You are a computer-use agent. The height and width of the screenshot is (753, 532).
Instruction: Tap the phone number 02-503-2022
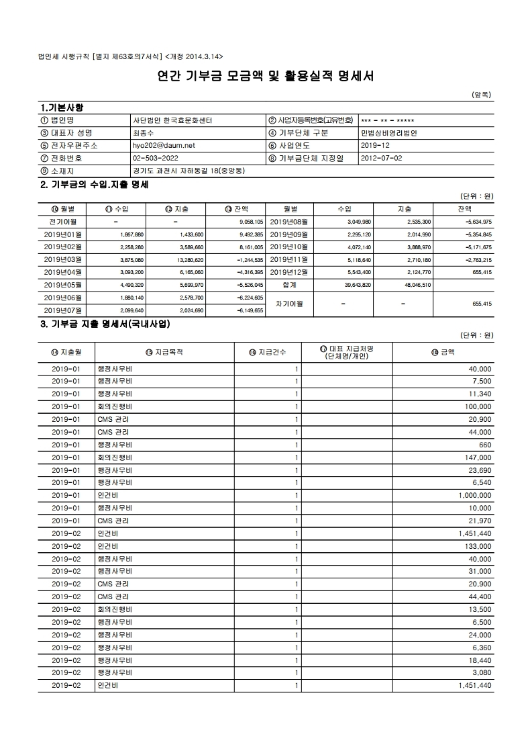[x=155, y=158]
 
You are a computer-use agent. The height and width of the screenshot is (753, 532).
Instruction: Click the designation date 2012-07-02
[x=381, y=158]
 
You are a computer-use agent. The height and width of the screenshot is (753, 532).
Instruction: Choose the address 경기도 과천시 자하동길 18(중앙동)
[x=189, y=171]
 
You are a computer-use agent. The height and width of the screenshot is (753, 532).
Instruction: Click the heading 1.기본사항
[x=62, y=107]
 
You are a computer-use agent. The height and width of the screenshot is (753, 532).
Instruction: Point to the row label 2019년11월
[x=288, y=259]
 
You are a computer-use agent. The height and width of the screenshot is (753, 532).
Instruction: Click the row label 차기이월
[x=289, y=304]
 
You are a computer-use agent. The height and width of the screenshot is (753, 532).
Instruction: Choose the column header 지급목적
[x=164, y=352]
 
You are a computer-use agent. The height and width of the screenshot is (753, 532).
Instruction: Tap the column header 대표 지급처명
[x=347, y=352]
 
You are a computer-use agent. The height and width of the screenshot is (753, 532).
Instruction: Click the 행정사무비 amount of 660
[x=486, y=445]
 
